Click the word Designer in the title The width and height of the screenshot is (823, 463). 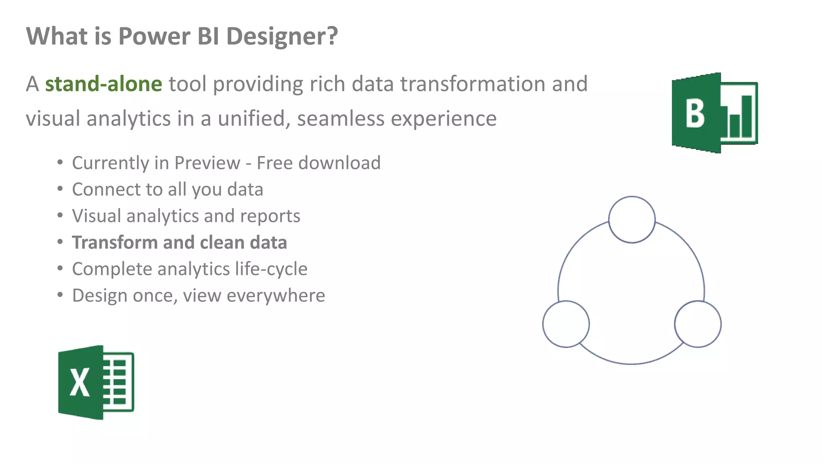click(282, 37)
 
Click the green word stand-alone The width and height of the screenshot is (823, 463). click(103, 84)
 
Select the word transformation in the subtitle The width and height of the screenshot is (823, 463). click(472, 84)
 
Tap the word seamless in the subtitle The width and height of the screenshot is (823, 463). click(340, 119)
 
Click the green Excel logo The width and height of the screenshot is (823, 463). click(96, 382)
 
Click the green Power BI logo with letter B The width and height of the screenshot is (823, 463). click(714, 113)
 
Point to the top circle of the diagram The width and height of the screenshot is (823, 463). click(632, 219)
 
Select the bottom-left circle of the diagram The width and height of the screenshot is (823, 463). click(566, 324)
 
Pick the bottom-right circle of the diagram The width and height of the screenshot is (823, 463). click(698, 324)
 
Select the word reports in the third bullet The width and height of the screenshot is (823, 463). click(270, 216)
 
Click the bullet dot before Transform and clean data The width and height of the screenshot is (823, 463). click(60, 242)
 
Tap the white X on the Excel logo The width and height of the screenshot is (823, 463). click(80, 383)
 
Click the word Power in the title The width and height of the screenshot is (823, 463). click(154, 37)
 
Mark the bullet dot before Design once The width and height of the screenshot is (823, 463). click(60, 295)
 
